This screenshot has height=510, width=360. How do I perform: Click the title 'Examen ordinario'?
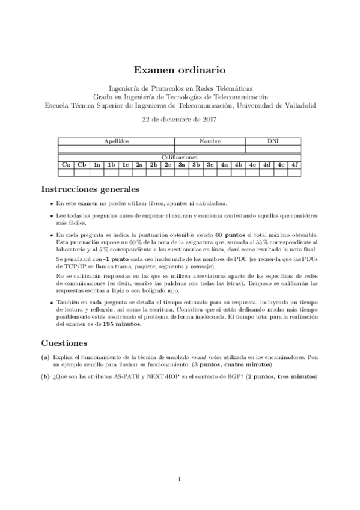(180, 70)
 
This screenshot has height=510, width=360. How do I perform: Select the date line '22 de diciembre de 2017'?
(180, 118)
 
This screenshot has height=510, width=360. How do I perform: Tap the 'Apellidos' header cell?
(116, 141)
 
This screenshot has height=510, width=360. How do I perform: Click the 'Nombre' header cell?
(210, 141)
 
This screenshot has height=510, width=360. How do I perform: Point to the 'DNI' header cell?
(272, 141)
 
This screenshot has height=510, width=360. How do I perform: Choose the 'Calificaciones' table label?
(179, 157)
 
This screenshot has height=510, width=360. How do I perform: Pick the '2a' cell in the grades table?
(139, 164)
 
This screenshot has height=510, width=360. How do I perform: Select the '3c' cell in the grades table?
(210, 164)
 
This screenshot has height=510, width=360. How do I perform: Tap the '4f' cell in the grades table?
(294, 164)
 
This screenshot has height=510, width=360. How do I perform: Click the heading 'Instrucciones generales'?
(90, 189)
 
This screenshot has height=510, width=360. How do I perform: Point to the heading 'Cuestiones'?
(65, 343)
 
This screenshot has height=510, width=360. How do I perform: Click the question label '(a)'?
(45, 357)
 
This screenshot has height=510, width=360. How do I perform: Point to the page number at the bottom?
(180, 479)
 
